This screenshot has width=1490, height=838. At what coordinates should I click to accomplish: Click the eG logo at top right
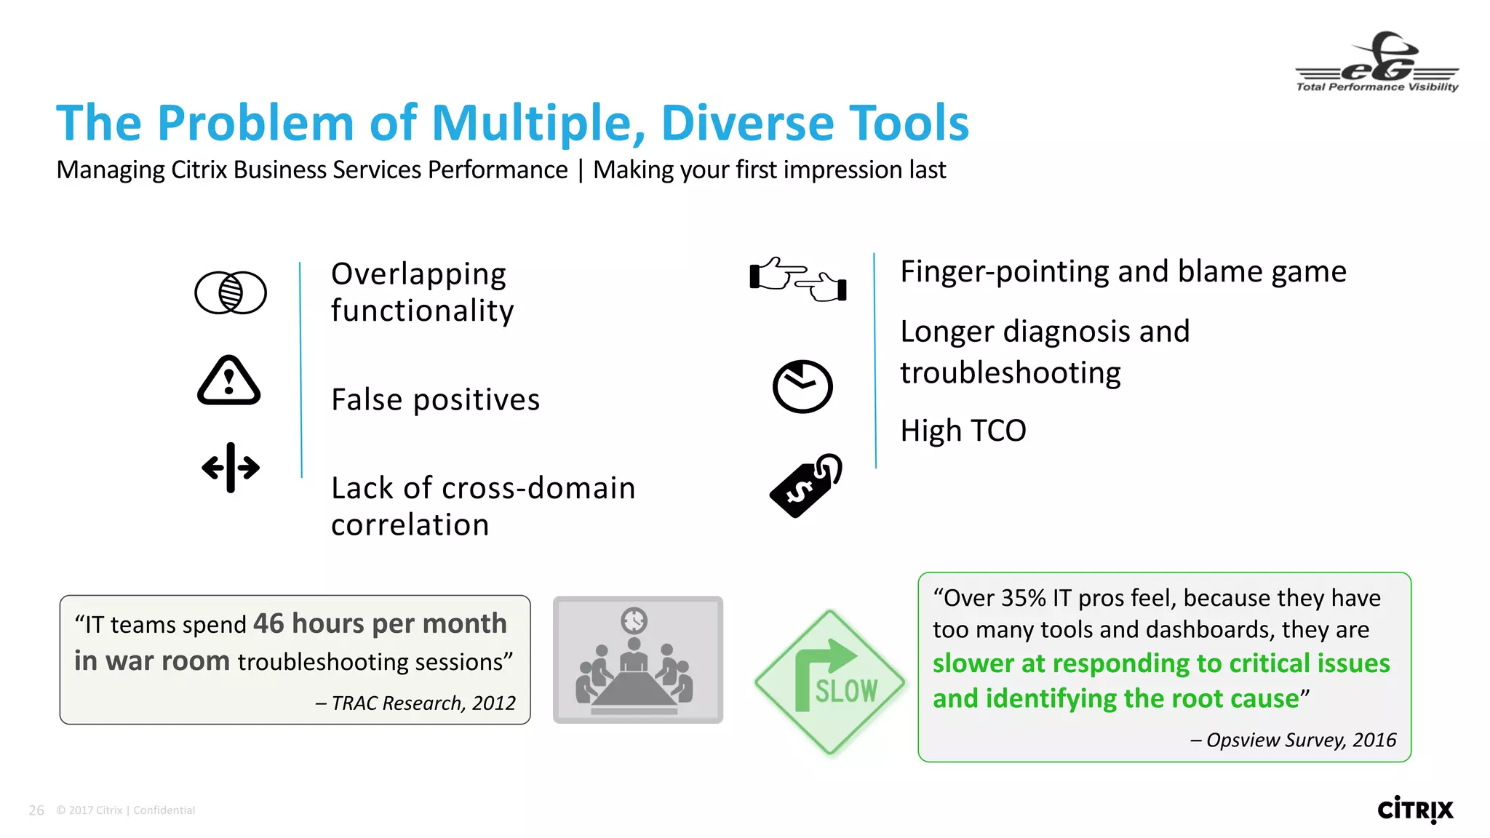1377,62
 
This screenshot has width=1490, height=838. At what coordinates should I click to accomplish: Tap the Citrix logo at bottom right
1414,810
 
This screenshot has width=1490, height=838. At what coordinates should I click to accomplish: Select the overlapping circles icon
231,292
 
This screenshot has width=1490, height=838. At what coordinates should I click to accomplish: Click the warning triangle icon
228,381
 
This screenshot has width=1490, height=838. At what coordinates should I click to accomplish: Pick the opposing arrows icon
231,467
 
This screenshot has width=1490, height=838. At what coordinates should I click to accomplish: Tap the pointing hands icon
798,279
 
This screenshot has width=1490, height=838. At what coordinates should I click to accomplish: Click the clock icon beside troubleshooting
802,386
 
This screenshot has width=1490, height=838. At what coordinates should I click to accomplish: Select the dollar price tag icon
805,486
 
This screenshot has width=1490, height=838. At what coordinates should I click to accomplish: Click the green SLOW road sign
830,682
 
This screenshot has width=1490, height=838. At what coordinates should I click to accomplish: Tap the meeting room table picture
637,660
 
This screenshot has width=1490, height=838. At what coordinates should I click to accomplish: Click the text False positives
435,400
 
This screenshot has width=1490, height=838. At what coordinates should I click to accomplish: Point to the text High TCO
963,431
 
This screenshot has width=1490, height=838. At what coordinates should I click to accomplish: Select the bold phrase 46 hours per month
380,623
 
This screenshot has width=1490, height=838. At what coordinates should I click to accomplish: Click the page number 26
36,810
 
